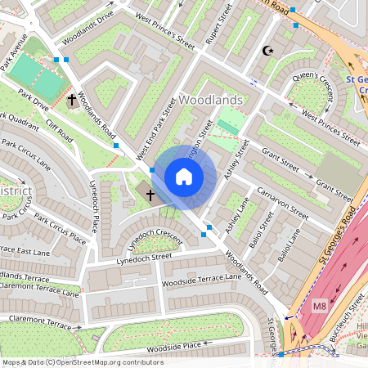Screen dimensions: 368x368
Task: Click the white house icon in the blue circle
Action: (184, 177)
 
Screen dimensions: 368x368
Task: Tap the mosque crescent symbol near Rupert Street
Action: (267, 51)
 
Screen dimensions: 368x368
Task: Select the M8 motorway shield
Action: (317, 305)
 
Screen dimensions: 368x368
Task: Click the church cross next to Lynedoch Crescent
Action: (150, 195)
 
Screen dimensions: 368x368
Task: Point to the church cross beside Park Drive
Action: (72, 101)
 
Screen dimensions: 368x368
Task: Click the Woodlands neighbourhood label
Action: (210, 100)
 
